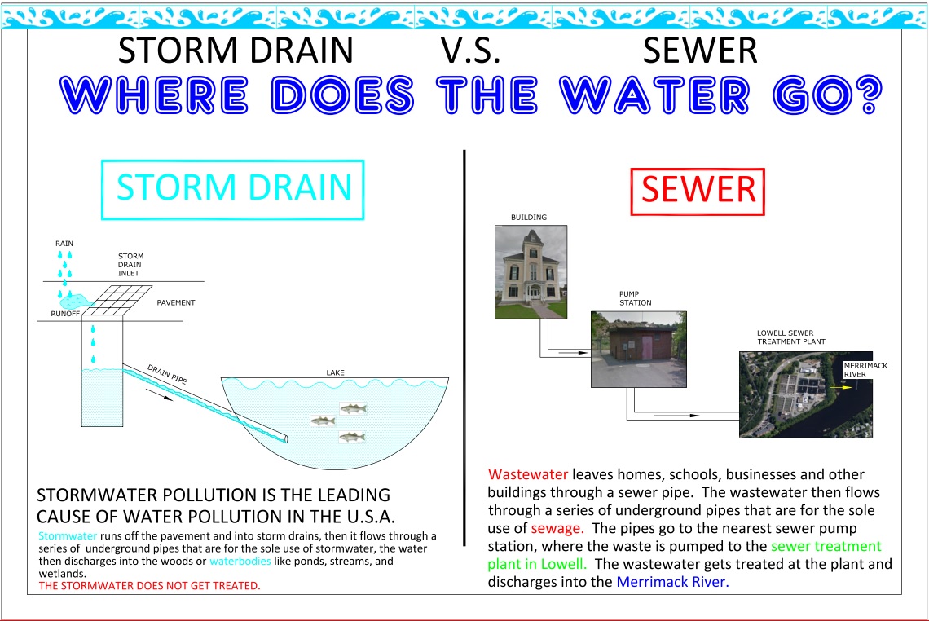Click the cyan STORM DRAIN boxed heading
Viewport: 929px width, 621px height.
pyautogui.click(x=233, y=190)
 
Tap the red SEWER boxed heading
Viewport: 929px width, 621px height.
pyautogui.click(x=698, y=192)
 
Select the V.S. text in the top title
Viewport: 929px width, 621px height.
pyautogui.click(x=470, y=51)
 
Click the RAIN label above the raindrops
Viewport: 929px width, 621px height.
pyautogui.click(x=64, y=244)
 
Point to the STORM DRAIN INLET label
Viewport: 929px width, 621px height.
pyautogui.click(x=130, y=265)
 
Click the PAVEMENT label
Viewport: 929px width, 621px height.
pyautogui.click(x=176, y=303)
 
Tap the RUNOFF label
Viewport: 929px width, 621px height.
pyautogui.click(x=65, y=314)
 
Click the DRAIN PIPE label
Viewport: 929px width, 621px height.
pyautogui.click(x=167, y=375)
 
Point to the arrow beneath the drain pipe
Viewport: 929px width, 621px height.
pyautogui.click(x=160, y=394)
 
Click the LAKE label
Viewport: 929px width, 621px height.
pyautogui.click(x=336, y=372)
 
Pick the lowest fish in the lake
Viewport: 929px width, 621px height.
pyautogui.click(x=352, y=438)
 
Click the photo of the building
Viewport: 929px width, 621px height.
pyautogui.click(x=531, y=272)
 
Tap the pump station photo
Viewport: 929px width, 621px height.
pyautogui.click(x=639, y=350)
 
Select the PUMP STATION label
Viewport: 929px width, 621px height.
pyautogui.click(x=635, y=298)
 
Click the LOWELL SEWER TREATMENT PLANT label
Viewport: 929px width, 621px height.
pyautogui.click(x=791, y=337)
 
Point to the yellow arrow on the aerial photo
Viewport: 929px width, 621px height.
pyautogui.click(x=841, y=388)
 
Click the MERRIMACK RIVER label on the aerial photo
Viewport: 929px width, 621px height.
pyautogui.click(x=865, y=370)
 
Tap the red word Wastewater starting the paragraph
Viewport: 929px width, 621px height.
pyautogui.click(x=528, y=474)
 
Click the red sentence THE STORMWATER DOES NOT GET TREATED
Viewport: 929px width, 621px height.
pyautogui.click(x=149, y=586)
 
